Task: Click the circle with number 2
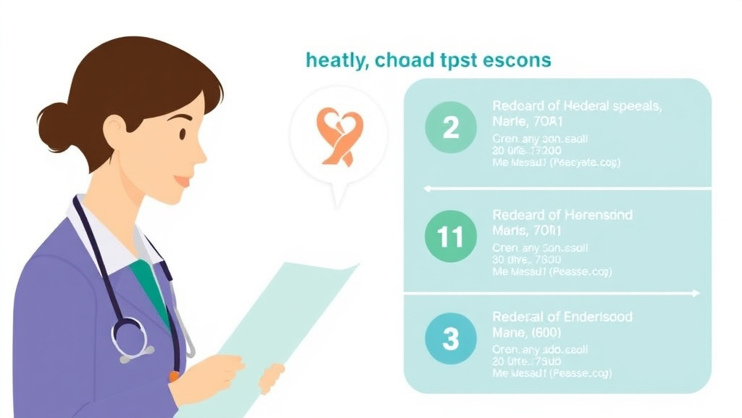click(451, 128)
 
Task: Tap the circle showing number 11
click(451, 237)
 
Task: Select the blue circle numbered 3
click(451, 339)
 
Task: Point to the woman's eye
click(182, 134)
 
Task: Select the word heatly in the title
click(335, 61)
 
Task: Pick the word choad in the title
click(399, 60)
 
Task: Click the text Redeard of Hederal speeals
click(577, 106)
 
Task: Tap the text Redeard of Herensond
click(562, 215)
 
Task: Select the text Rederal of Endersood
click(562, 317)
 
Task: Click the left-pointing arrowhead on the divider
click(428, 189)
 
